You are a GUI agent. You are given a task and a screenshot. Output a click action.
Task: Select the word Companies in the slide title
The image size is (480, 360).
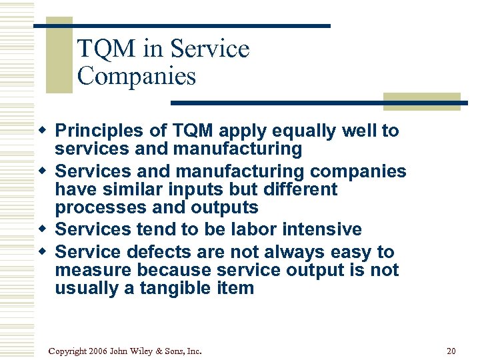point(137,76)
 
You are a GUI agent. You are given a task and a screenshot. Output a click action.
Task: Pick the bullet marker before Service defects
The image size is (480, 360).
point(43,252)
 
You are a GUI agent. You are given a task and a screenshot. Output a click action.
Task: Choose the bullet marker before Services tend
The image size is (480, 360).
point(43,229)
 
